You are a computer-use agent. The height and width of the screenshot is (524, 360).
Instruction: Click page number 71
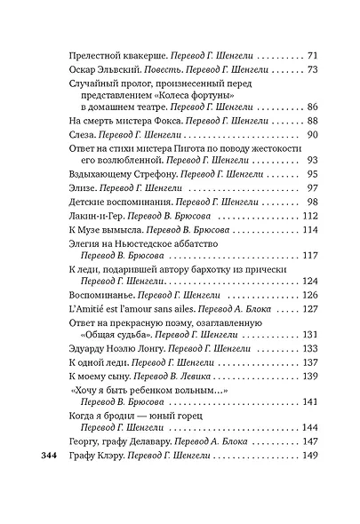point(312,56)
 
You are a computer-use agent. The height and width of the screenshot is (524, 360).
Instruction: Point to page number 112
point(309,216)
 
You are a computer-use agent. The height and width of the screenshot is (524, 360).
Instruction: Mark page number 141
point(309,402)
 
